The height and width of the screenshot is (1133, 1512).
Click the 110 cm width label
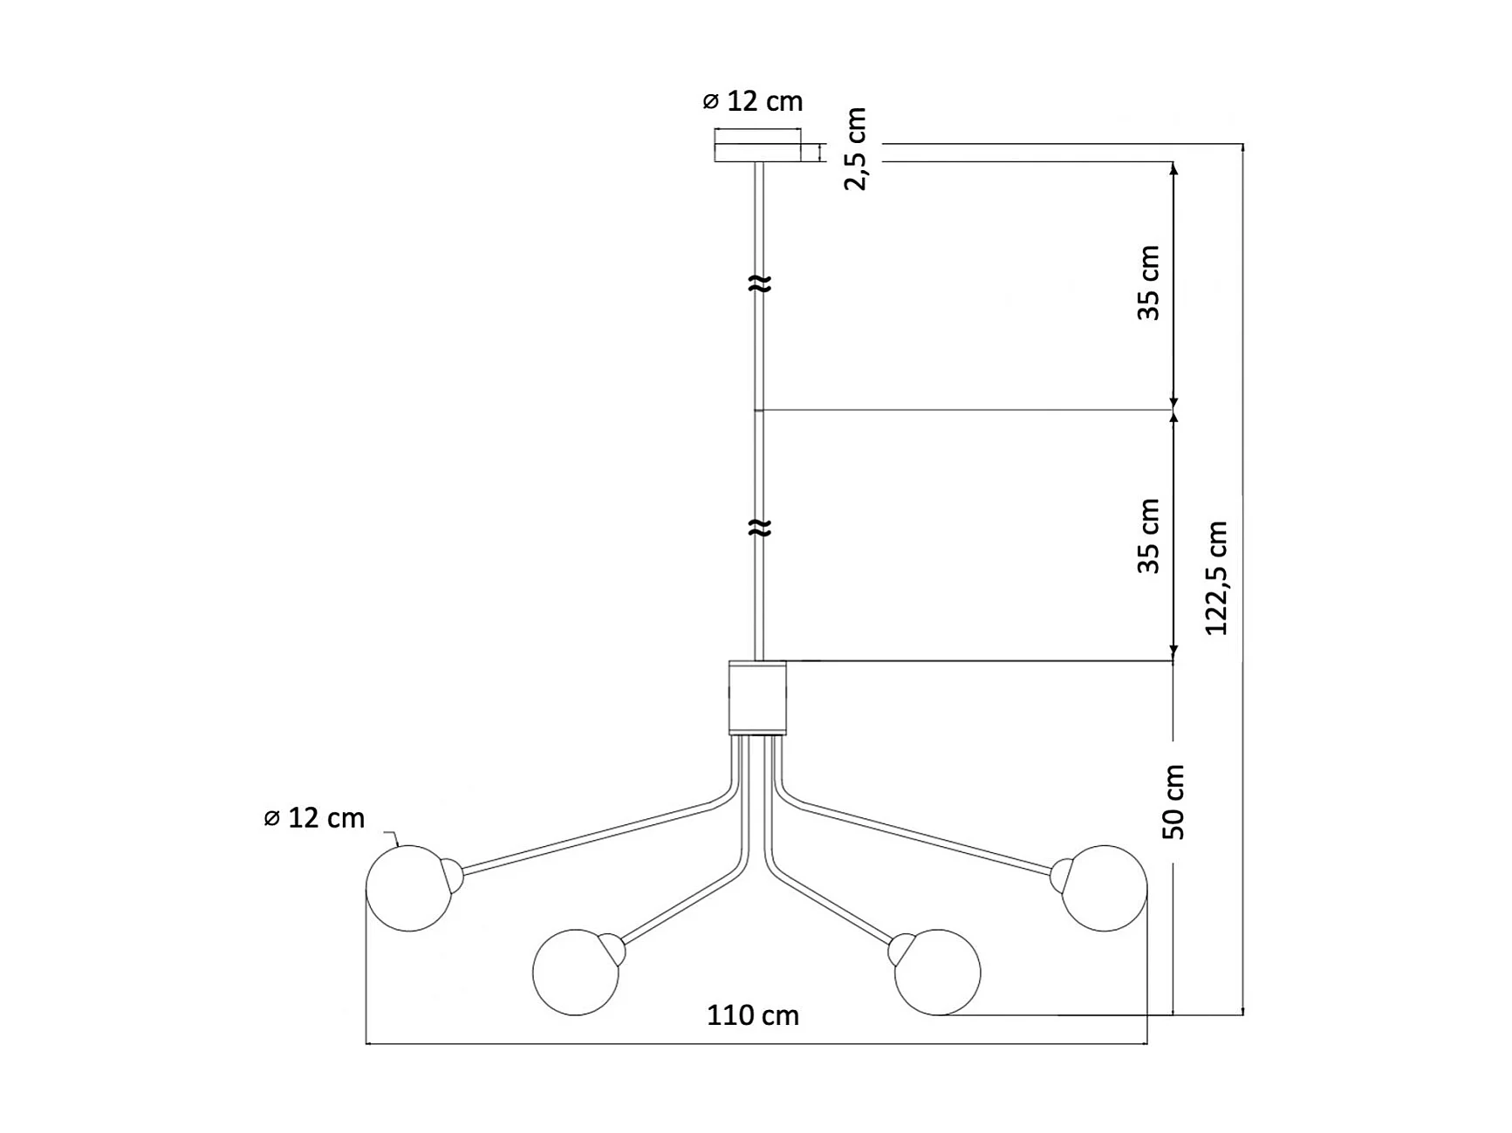tap(753, 1015)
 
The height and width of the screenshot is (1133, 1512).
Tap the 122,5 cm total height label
tap(1216, 578)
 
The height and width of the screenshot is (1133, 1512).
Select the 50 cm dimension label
tap(1174, 802)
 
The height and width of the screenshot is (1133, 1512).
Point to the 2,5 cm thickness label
tap(856, 148)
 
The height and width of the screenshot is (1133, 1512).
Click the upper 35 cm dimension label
tap(1149, 283)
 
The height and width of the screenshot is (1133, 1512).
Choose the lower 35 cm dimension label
tap(1149, 536)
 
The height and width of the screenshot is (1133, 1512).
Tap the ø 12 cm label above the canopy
tap(753, 101)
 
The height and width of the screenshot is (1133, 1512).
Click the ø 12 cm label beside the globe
tap(314, 818)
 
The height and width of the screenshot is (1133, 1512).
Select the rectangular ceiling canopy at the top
tap(757, 146)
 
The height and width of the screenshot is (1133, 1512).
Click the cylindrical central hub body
tap(757, 698)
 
